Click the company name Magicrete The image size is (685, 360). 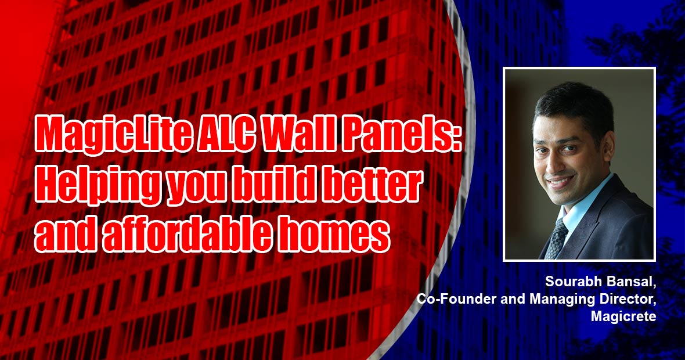point(623,316)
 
